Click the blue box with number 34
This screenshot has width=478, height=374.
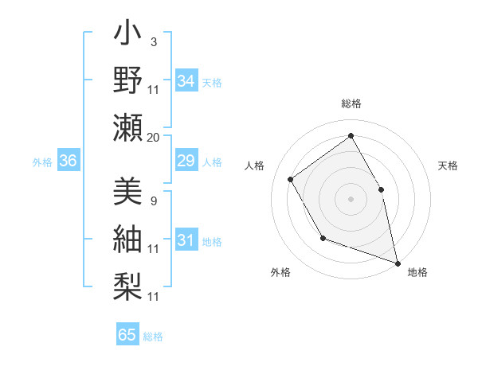[186, 81]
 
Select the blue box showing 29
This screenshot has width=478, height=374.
[186, 162]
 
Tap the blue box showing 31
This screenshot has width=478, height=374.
[186, 240]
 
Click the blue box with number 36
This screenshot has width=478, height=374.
[68, 162]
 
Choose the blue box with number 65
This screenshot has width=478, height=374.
[127, 335]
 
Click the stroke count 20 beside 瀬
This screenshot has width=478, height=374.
[153, 138]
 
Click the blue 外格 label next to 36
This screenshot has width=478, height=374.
[42, 162]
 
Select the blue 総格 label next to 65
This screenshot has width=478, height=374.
[153, 336]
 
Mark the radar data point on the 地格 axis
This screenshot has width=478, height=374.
[397, 262]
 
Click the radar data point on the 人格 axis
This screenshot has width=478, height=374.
[290, 180]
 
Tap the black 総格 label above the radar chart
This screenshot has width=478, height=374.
[351, 103]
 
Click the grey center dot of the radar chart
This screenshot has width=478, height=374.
[351, 198]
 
